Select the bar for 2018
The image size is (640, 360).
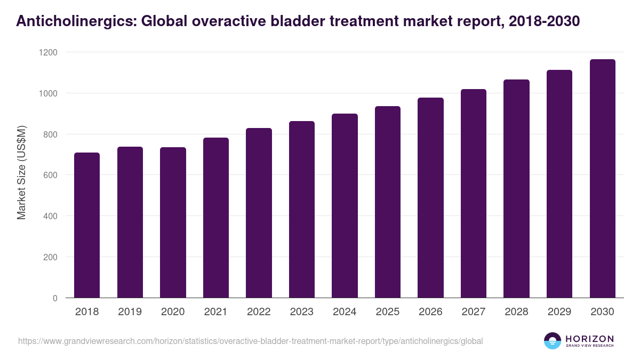(x=87, y=225)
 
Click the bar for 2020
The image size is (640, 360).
(x=173, y=222)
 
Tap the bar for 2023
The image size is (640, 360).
(x=302, y=210)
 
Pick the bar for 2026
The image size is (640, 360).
(x=430, y=198)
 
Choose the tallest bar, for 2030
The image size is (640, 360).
(x=602, y=179)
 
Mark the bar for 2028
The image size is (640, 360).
(x=516, y=189)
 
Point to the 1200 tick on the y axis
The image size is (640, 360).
(x=47, y=53)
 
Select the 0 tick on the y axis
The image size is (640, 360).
(x=54, y=298)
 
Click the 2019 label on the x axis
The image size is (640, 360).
(x=130, y=312)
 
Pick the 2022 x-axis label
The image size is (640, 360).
(x=259, y=312)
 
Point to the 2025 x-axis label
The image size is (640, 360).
(x=388, y=312)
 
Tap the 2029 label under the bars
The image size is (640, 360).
(x=559, y=312)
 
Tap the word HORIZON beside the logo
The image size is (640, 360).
(x=589, y=339)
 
